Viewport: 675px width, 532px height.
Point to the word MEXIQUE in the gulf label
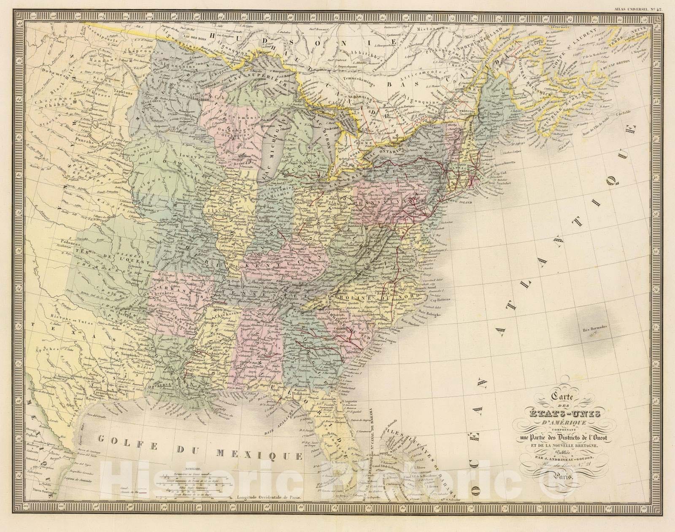(259, 454)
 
